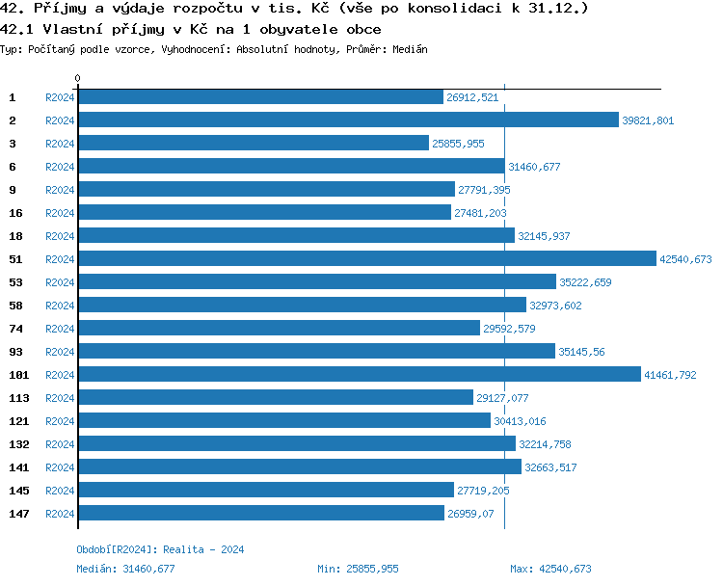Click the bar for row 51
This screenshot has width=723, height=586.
click(x=366, y=258)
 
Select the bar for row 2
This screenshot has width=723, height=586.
click(x=347, y=120)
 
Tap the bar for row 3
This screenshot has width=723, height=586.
click(x=253, y=143)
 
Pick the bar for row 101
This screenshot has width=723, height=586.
click(x=359, y=374)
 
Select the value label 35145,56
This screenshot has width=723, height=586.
click(x=581, y=352)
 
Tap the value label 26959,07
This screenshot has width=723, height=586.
click(x=470, y=514)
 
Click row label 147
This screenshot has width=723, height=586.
click(x=18, y=514)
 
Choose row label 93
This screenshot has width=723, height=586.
click(x=15, y=352)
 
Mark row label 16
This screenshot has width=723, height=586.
click(x=15, y=213)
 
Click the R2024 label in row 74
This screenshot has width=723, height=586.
click(x=60, y=329)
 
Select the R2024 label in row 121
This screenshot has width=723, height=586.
click(x=60, y=421)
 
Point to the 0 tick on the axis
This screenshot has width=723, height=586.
click(x=77, y=79)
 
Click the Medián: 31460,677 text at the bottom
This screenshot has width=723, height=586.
click(x=125, y=569)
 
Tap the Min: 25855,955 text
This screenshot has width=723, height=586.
click(x=358, y=569)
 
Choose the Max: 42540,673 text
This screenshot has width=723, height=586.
click(x=550, y=569)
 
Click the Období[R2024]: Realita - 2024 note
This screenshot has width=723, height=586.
click(x=160, y=549)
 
